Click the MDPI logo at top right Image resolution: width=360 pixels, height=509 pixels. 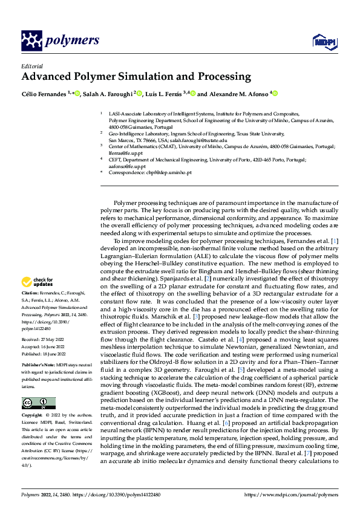(x=324, y=41)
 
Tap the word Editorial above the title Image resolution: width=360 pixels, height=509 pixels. (x=32, y=65)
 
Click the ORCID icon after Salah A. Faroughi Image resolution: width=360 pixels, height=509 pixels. (x=139, y=94)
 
